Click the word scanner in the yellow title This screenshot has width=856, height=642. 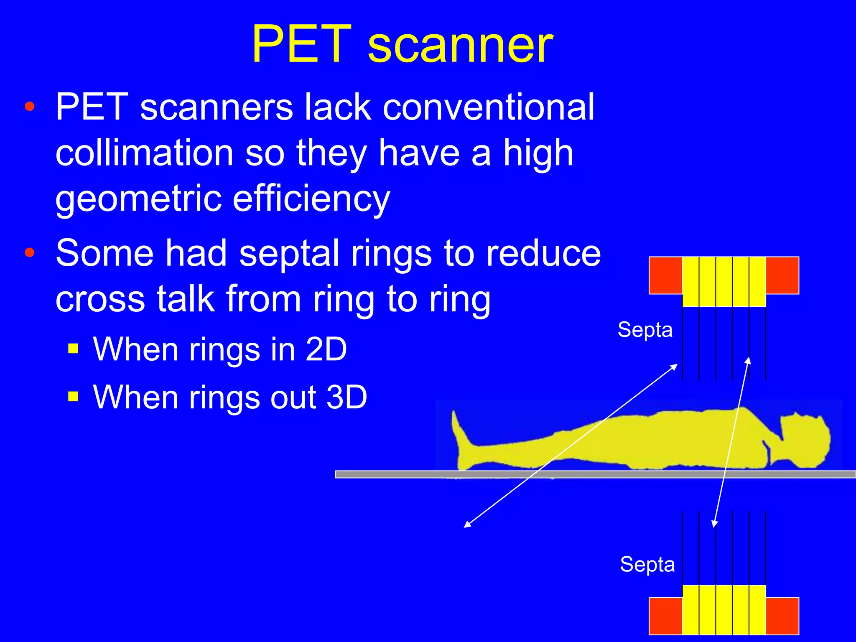coord(460,45)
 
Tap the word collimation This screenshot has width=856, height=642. coord(144,153)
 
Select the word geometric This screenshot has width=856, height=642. coord(138,199)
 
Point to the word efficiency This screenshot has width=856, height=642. coord(311,199)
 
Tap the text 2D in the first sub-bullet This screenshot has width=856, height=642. coord(326,349)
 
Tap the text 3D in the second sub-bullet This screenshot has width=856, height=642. coord(346,397)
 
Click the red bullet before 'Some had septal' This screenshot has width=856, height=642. coord(29,252)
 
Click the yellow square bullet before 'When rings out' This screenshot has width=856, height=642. coord(73,396)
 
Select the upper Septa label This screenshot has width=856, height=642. coord(645,330)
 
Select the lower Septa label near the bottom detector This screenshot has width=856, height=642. coord(647,565)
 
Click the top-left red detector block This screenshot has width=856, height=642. coord(665,275)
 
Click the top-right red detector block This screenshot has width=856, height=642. coord(782,275)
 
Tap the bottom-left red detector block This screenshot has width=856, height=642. coord(665,616)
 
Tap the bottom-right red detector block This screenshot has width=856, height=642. coord(782,616)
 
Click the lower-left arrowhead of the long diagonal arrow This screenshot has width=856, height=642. coord(466,525)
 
